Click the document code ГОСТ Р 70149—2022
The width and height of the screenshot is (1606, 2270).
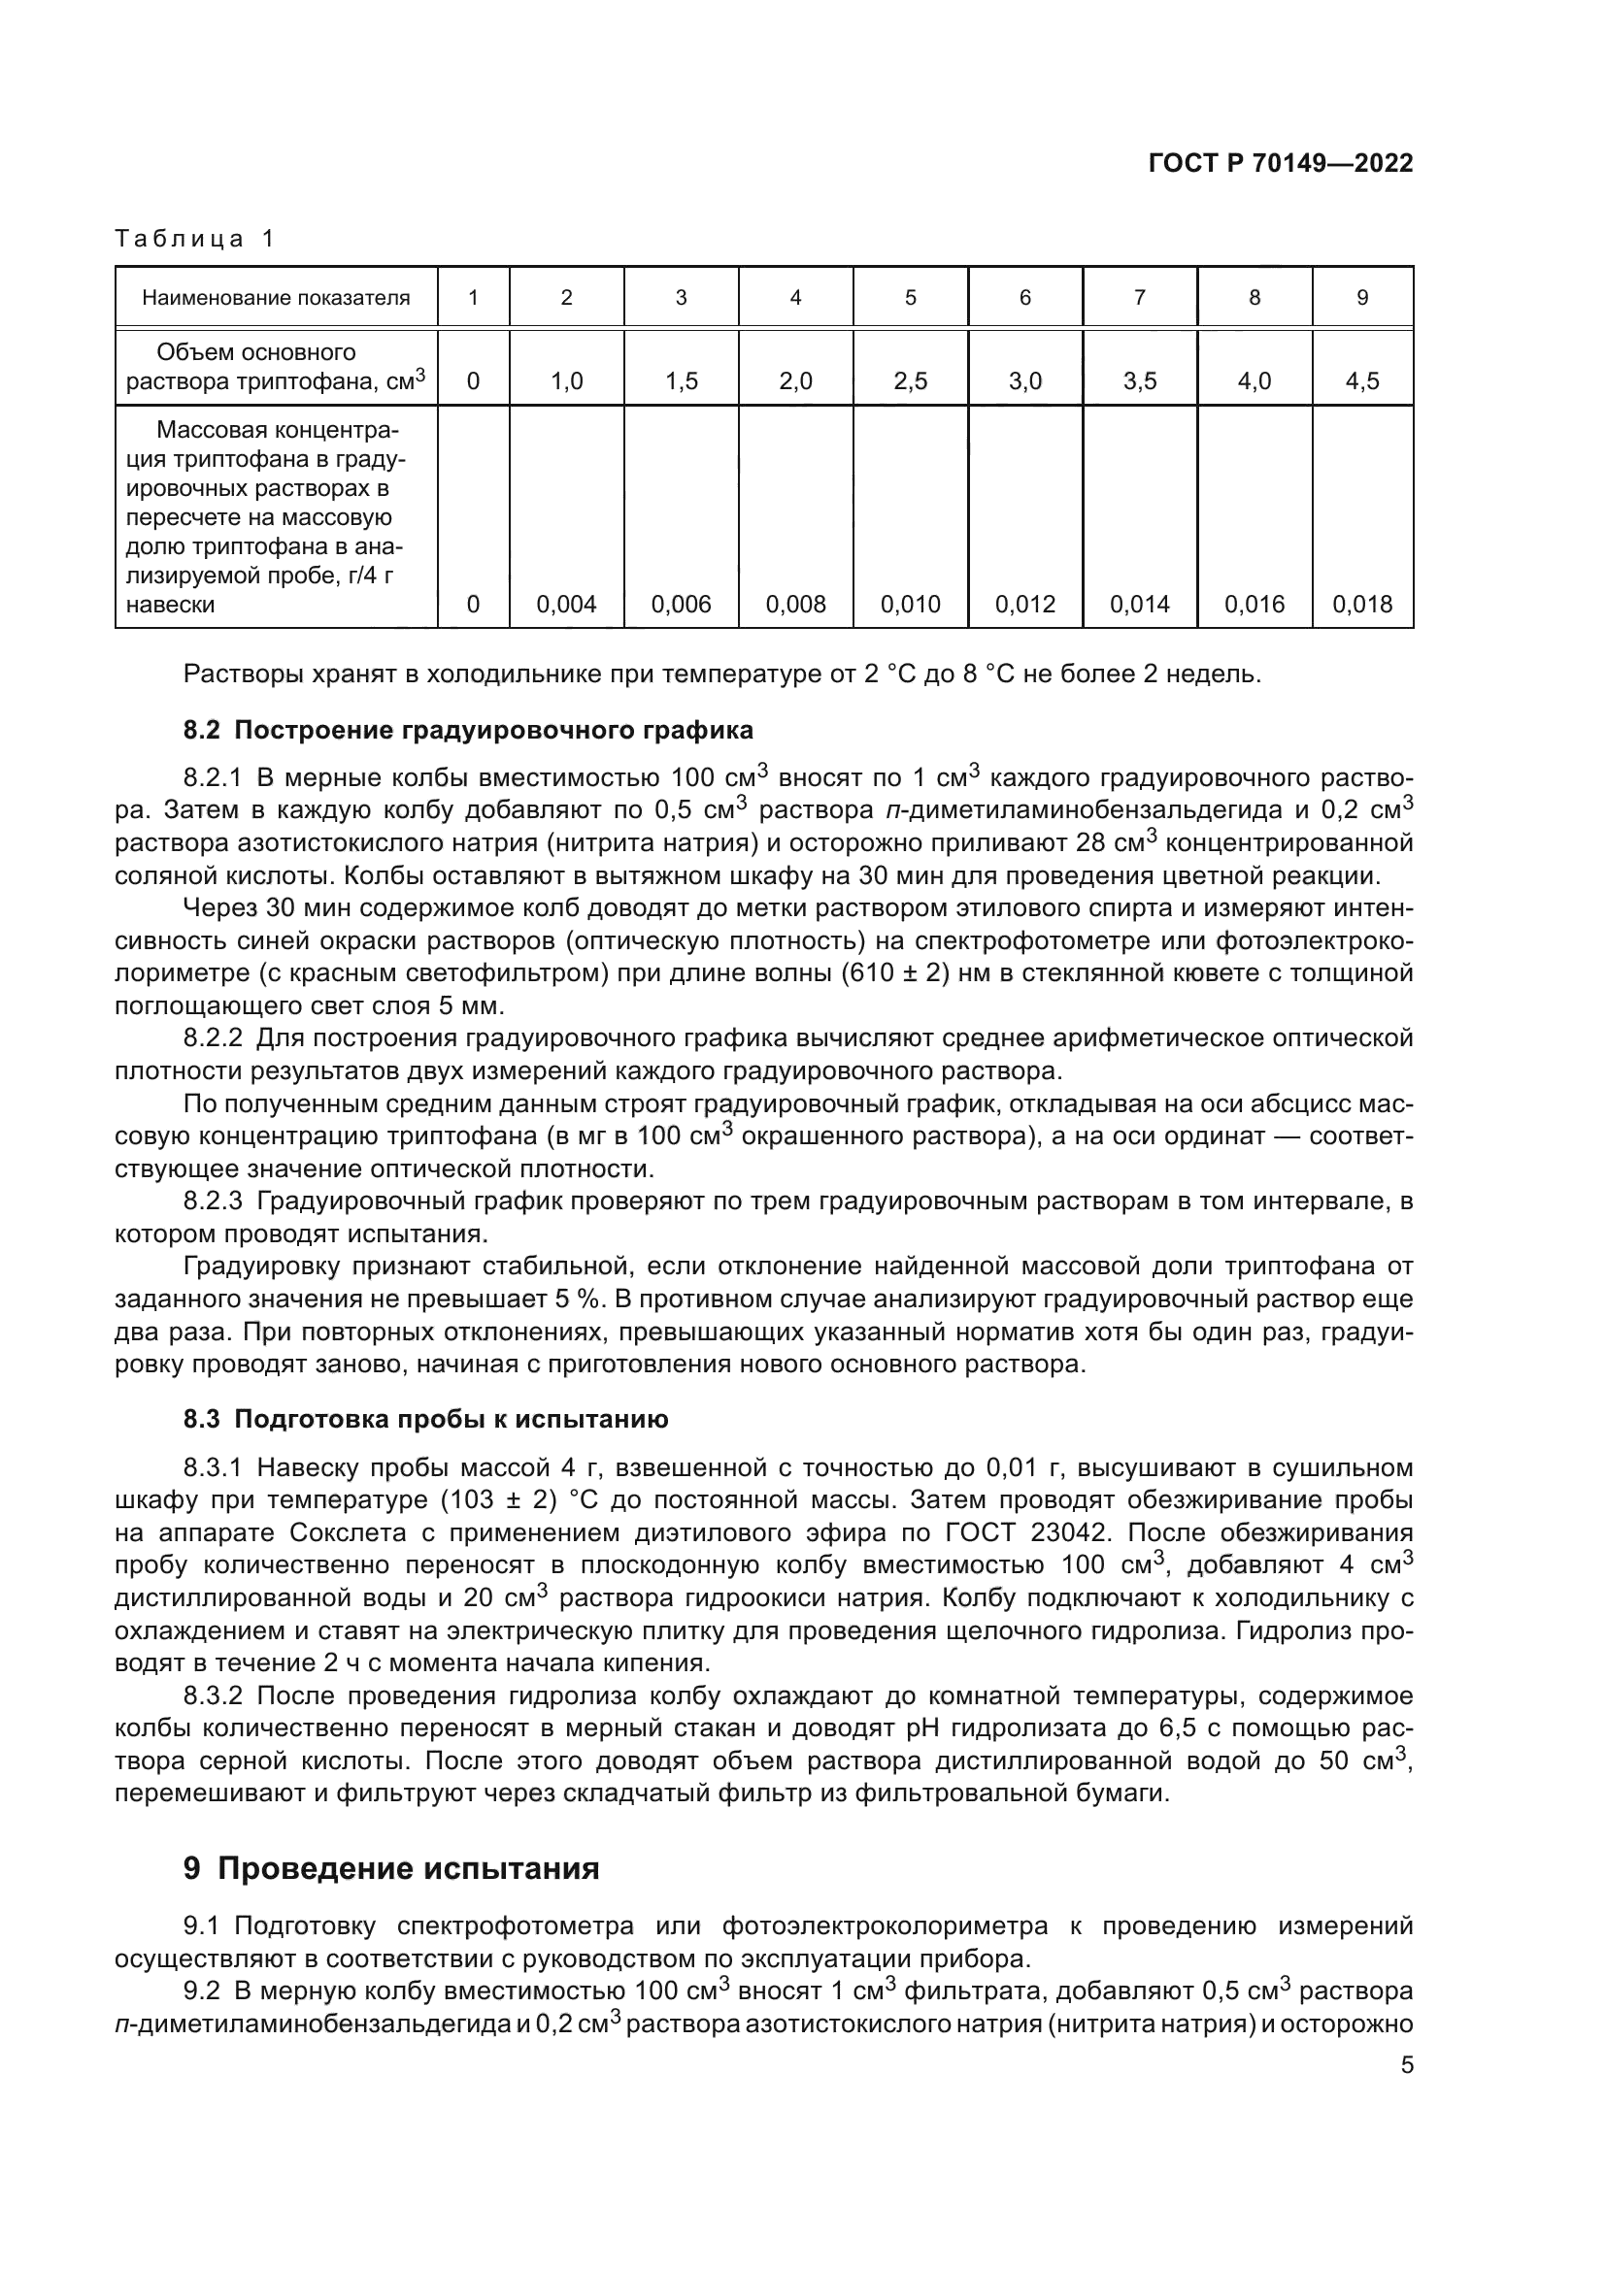[1281, 163]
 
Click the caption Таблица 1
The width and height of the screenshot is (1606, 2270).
[195, 239]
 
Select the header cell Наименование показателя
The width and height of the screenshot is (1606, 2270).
[276, 298]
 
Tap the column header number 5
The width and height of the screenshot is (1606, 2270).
[910, 298]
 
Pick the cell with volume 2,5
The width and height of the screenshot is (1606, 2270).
[910, 381]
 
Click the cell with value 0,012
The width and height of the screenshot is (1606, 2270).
[1024, 604]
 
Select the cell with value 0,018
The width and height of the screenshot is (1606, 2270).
[1361, 604]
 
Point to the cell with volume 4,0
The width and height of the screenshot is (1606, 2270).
[1254, 381]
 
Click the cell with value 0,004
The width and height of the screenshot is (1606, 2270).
[567, 604]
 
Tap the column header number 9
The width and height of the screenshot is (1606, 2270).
[1361, 298]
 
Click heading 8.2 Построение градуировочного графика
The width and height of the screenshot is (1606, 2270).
[468, 731]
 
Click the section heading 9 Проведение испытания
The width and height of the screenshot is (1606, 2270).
[391, 1868]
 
